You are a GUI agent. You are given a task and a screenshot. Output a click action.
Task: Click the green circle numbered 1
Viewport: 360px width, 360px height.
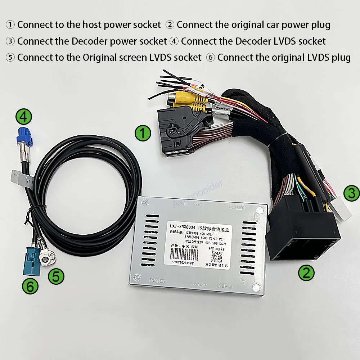click(143, 134)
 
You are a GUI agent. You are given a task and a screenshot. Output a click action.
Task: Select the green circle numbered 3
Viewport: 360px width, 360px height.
click(351, 193)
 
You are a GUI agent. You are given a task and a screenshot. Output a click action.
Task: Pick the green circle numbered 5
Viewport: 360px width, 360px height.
click(56, 276)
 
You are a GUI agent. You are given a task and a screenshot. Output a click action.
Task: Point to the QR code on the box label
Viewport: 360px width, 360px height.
click(216, 257)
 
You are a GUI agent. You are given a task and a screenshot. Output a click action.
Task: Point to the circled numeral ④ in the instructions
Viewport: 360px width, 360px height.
click(174, 41)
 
